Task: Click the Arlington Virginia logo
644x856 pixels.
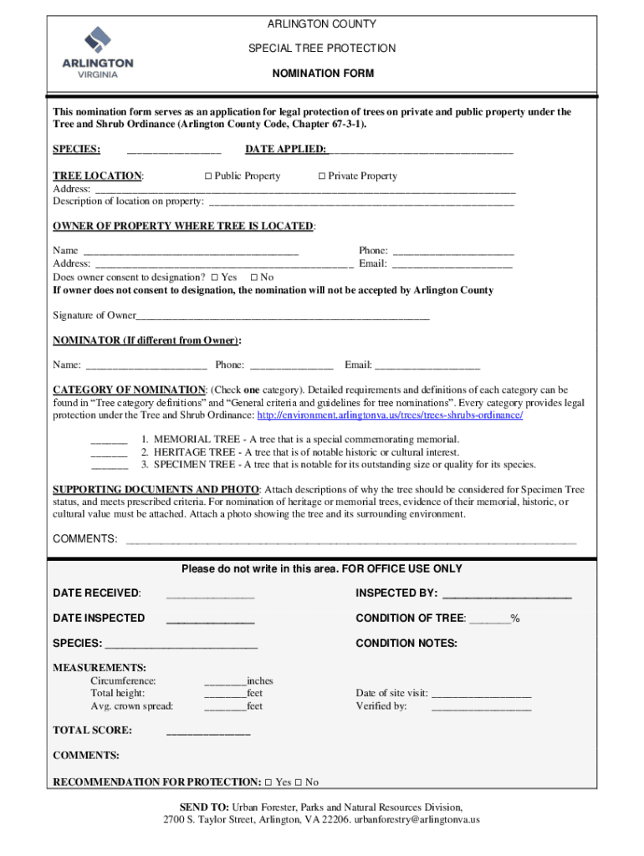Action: click(98, 51)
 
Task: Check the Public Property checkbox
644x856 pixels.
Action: click(209, 176)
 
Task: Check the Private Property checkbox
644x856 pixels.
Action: click(322, 176)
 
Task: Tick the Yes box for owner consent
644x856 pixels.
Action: click(215, 278)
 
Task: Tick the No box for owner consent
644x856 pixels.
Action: click(254, 278)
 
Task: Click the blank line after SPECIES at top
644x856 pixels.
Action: click(173, 151)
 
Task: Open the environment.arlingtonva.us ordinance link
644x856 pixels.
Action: click(390, 415)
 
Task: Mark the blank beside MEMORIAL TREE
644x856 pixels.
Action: click(109, 441)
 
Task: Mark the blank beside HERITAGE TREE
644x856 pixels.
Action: click(109, 453)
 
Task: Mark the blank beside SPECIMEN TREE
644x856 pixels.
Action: click(109, 466)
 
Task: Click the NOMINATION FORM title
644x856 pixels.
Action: click(323, 74)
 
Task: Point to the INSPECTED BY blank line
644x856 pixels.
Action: click(506, 594)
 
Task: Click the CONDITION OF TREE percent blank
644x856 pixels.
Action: click(489, 619)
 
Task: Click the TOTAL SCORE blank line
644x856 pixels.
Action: click(208, 731)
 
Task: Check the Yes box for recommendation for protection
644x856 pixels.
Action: click(268, 783)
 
